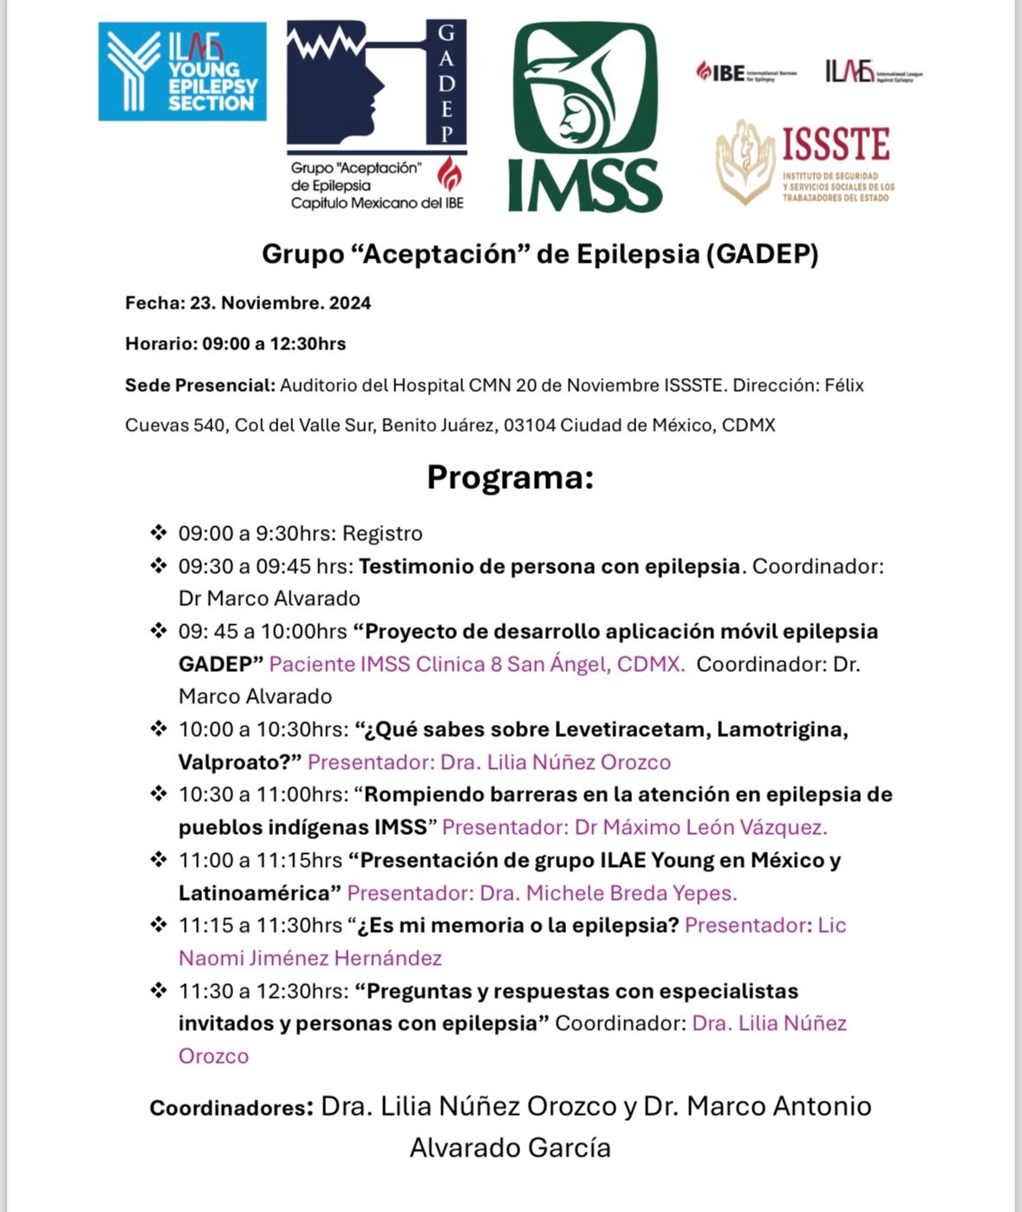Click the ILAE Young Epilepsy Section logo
(x=182, y=72)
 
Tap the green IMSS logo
(x=585, y=117)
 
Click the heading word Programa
(x=510, y=478)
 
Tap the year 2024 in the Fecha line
(x=350, y=303)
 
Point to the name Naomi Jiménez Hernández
(x=310, y=959)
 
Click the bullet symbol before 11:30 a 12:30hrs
(x=159, y=990)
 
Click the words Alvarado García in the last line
(x=510, y=1148)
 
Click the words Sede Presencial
(x=200, y=386)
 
